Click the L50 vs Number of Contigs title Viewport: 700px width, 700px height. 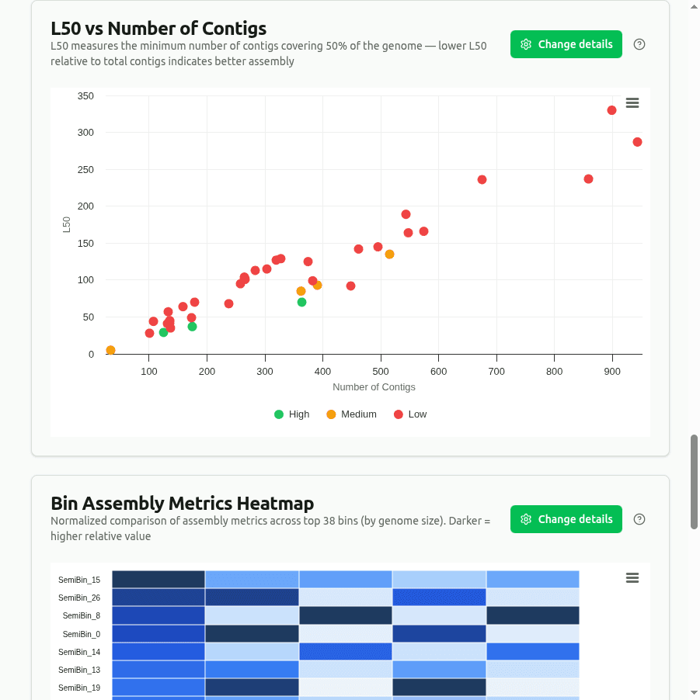point(158,29)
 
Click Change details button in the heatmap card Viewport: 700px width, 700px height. point(566,519)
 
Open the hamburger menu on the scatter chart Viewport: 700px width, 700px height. point(632,103)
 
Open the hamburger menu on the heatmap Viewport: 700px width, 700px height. point(632,577)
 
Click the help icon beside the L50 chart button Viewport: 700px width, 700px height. point(639,44)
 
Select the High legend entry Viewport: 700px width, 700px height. point(292,414)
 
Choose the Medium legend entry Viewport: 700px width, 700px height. point(351,414)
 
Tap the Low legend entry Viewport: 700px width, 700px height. point(410,414)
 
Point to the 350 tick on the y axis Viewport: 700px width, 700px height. point(85,96)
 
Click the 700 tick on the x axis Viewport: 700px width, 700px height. point(496,371)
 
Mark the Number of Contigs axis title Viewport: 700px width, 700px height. point(374,386)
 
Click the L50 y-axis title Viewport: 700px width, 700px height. point(67,224)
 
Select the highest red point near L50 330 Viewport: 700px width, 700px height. point(611,110)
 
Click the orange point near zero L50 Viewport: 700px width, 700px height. point(110,350)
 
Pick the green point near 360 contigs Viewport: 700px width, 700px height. point(301,302)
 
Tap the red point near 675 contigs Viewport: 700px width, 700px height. point(482,180)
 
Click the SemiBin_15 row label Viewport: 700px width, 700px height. point(79,580)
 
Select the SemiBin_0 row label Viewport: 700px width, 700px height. point(81,634)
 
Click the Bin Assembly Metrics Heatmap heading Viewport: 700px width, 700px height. point(182,504)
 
